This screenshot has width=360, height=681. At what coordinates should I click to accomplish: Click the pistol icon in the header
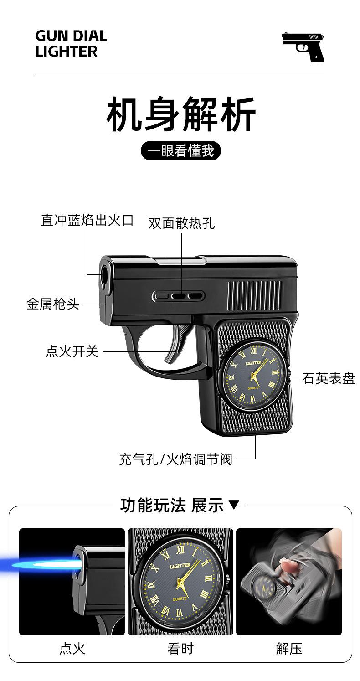[x=303, y=47]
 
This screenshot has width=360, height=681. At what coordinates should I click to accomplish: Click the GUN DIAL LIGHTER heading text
[x=71, y=44]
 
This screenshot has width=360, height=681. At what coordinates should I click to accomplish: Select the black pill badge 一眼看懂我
[x=181, y=150]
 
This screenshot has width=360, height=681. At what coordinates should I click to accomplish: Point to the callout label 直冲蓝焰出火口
[x=87, y=220]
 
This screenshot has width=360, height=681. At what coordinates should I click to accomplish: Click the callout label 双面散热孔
[x=181, y=223]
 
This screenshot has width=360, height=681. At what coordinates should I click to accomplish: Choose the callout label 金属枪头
[x=53, y=304]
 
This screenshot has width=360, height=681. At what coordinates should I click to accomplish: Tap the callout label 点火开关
[x=72, y=351]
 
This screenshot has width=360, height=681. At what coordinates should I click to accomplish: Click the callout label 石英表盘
[x=328, y=378]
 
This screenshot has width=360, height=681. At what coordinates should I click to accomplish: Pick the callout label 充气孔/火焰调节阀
[x=176, y=459]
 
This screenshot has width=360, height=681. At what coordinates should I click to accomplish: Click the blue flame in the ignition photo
[x=36, y=566]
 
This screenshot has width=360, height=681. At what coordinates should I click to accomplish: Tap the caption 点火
[x=72, y=648]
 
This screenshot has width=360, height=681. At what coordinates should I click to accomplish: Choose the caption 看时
[x=180, y=648]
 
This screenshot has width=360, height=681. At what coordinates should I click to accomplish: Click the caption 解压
[x=289, y=648]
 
